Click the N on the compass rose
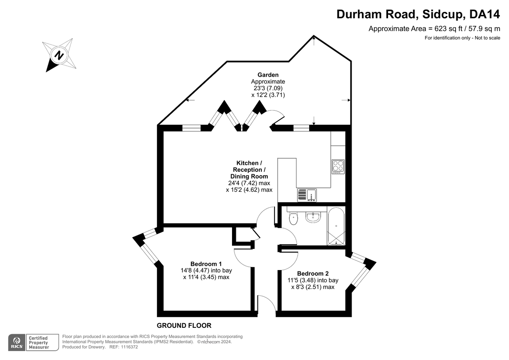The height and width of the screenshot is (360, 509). tap(59, 55)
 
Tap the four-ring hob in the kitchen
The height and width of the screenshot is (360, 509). tap(338, 167)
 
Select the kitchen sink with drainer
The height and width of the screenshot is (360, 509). tap(307, 195)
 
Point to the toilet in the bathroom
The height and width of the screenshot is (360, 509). tap(294, 218)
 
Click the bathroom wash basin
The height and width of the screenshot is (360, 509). tap(313, 217)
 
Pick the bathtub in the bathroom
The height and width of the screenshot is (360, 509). tap(336, 226)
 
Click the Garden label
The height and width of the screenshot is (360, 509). tap(268, 75)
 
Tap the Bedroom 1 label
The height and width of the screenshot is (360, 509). tap(206, 264)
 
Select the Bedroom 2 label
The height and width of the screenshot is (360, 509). tap(313, 273)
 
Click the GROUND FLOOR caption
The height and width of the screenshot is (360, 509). tap(184, 326)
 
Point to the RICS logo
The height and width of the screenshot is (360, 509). tap(17, 343)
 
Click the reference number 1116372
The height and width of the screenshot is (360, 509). tap(129, 347)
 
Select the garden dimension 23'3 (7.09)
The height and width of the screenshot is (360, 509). tap(268, 88)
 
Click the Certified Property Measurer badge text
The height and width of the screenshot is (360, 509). tap(39, 343)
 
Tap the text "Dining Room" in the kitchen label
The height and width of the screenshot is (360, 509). tap(249, 176)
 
